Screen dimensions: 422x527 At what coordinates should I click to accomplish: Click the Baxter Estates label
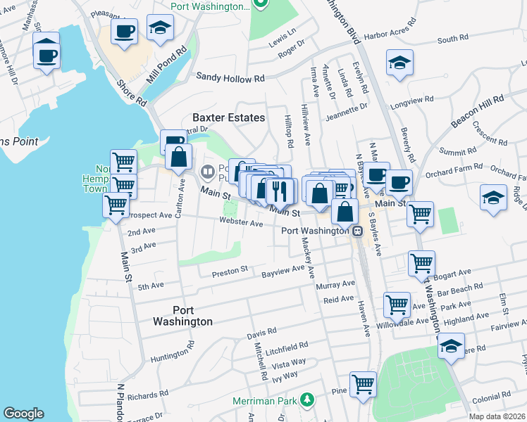229,117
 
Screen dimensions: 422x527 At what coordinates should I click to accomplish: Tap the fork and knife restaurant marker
280,191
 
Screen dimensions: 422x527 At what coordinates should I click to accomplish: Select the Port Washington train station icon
358,231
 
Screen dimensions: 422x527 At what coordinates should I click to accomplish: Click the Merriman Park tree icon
306,400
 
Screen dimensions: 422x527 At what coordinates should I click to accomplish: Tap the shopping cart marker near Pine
363,384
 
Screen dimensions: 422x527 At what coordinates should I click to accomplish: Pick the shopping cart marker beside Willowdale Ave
397,305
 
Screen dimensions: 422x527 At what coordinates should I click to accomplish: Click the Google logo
23,414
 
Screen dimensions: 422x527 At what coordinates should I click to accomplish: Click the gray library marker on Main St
208,171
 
